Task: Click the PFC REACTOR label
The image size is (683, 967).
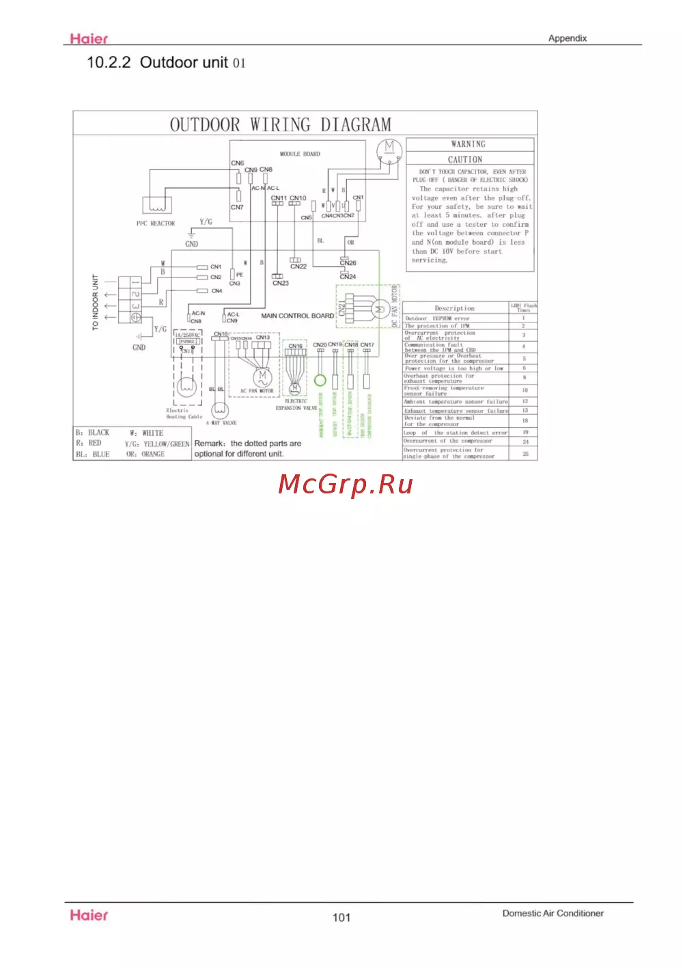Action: [156, 223]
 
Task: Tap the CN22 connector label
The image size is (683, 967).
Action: [298, 267]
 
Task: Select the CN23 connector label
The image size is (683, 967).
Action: [280, 283]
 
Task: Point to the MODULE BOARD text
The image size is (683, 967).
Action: [300, 154]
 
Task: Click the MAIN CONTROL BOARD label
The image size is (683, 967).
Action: [297, 316]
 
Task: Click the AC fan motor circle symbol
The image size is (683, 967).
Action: [262, 376]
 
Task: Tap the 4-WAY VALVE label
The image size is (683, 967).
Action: [221, 423]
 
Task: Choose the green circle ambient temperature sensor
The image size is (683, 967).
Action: [320, 380]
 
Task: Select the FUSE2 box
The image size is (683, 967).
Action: [187, 342]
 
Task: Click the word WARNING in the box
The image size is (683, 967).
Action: [469, 144]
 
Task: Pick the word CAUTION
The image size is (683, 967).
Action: [465, 159]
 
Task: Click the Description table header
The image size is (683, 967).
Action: [454, 308]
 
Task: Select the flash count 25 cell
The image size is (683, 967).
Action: [525, 454]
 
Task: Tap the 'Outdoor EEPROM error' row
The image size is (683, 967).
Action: [437, 318]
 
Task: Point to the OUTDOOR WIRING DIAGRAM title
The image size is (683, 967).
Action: [281, 125]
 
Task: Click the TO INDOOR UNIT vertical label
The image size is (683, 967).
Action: [96, 303]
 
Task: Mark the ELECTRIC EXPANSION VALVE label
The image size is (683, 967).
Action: [296, 405]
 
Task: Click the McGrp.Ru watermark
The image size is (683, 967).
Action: [346, 484]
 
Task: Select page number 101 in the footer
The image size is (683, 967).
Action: [341, 917]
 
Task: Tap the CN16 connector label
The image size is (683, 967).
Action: [295, 346]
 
